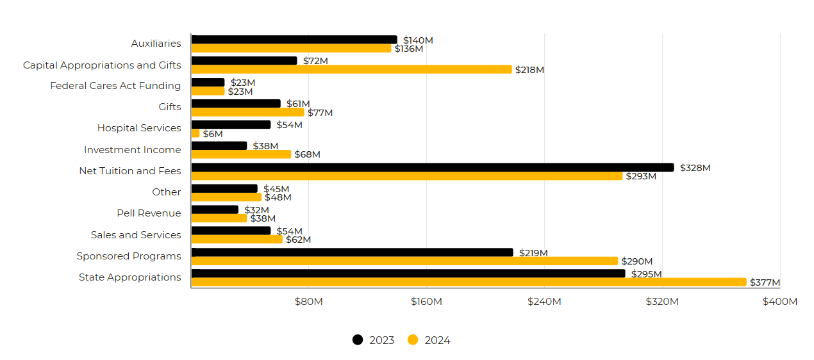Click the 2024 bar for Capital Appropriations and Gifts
tap(351, 69)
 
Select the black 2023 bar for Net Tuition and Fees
tap(433, 167)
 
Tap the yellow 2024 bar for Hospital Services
tap(195, 133)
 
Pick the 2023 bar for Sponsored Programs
tap(352, 252)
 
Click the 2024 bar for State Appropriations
tap(469, 282)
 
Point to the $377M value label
tap(765, 282)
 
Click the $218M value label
tap(529, 70)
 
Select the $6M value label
tap(213, 134)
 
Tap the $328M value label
tap(695, 168)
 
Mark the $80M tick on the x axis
tap(308, 302)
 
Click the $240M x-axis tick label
tap(544, 302)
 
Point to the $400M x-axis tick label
tap(780, 302)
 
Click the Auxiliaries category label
tap(156, 44)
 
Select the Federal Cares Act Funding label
tap(115, 86)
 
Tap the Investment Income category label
tap(132, 150)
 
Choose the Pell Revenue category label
tap(149, 213)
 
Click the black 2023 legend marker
tap(358, 340)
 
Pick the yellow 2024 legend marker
tap(413, 340)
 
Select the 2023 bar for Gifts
tap(236, 103)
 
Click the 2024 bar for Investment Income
tap(241, 154)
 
